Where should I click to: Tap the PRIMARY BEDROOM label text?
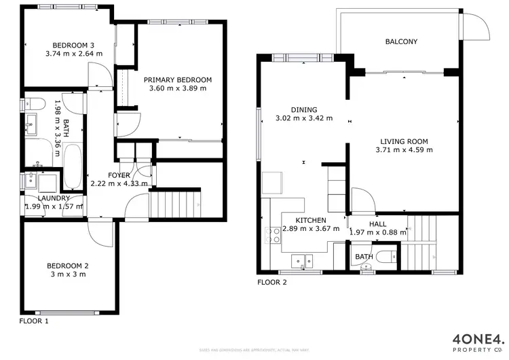pos(177,79)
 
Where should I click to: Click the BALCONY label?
pos(401,41)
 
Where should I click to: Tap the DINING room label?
pos(303,109)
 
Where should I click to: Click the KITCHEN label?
pos(312,221)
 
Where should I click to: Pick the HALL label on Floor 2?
pos(378,223)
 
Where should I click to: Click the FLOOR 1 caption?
pos(34,320)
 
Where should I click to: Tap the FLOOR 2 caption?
pos(271,283)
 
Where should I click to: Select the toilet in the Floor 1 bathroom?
pos(33,104)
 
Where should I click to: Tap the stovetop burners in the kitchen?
pos(276,234)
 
